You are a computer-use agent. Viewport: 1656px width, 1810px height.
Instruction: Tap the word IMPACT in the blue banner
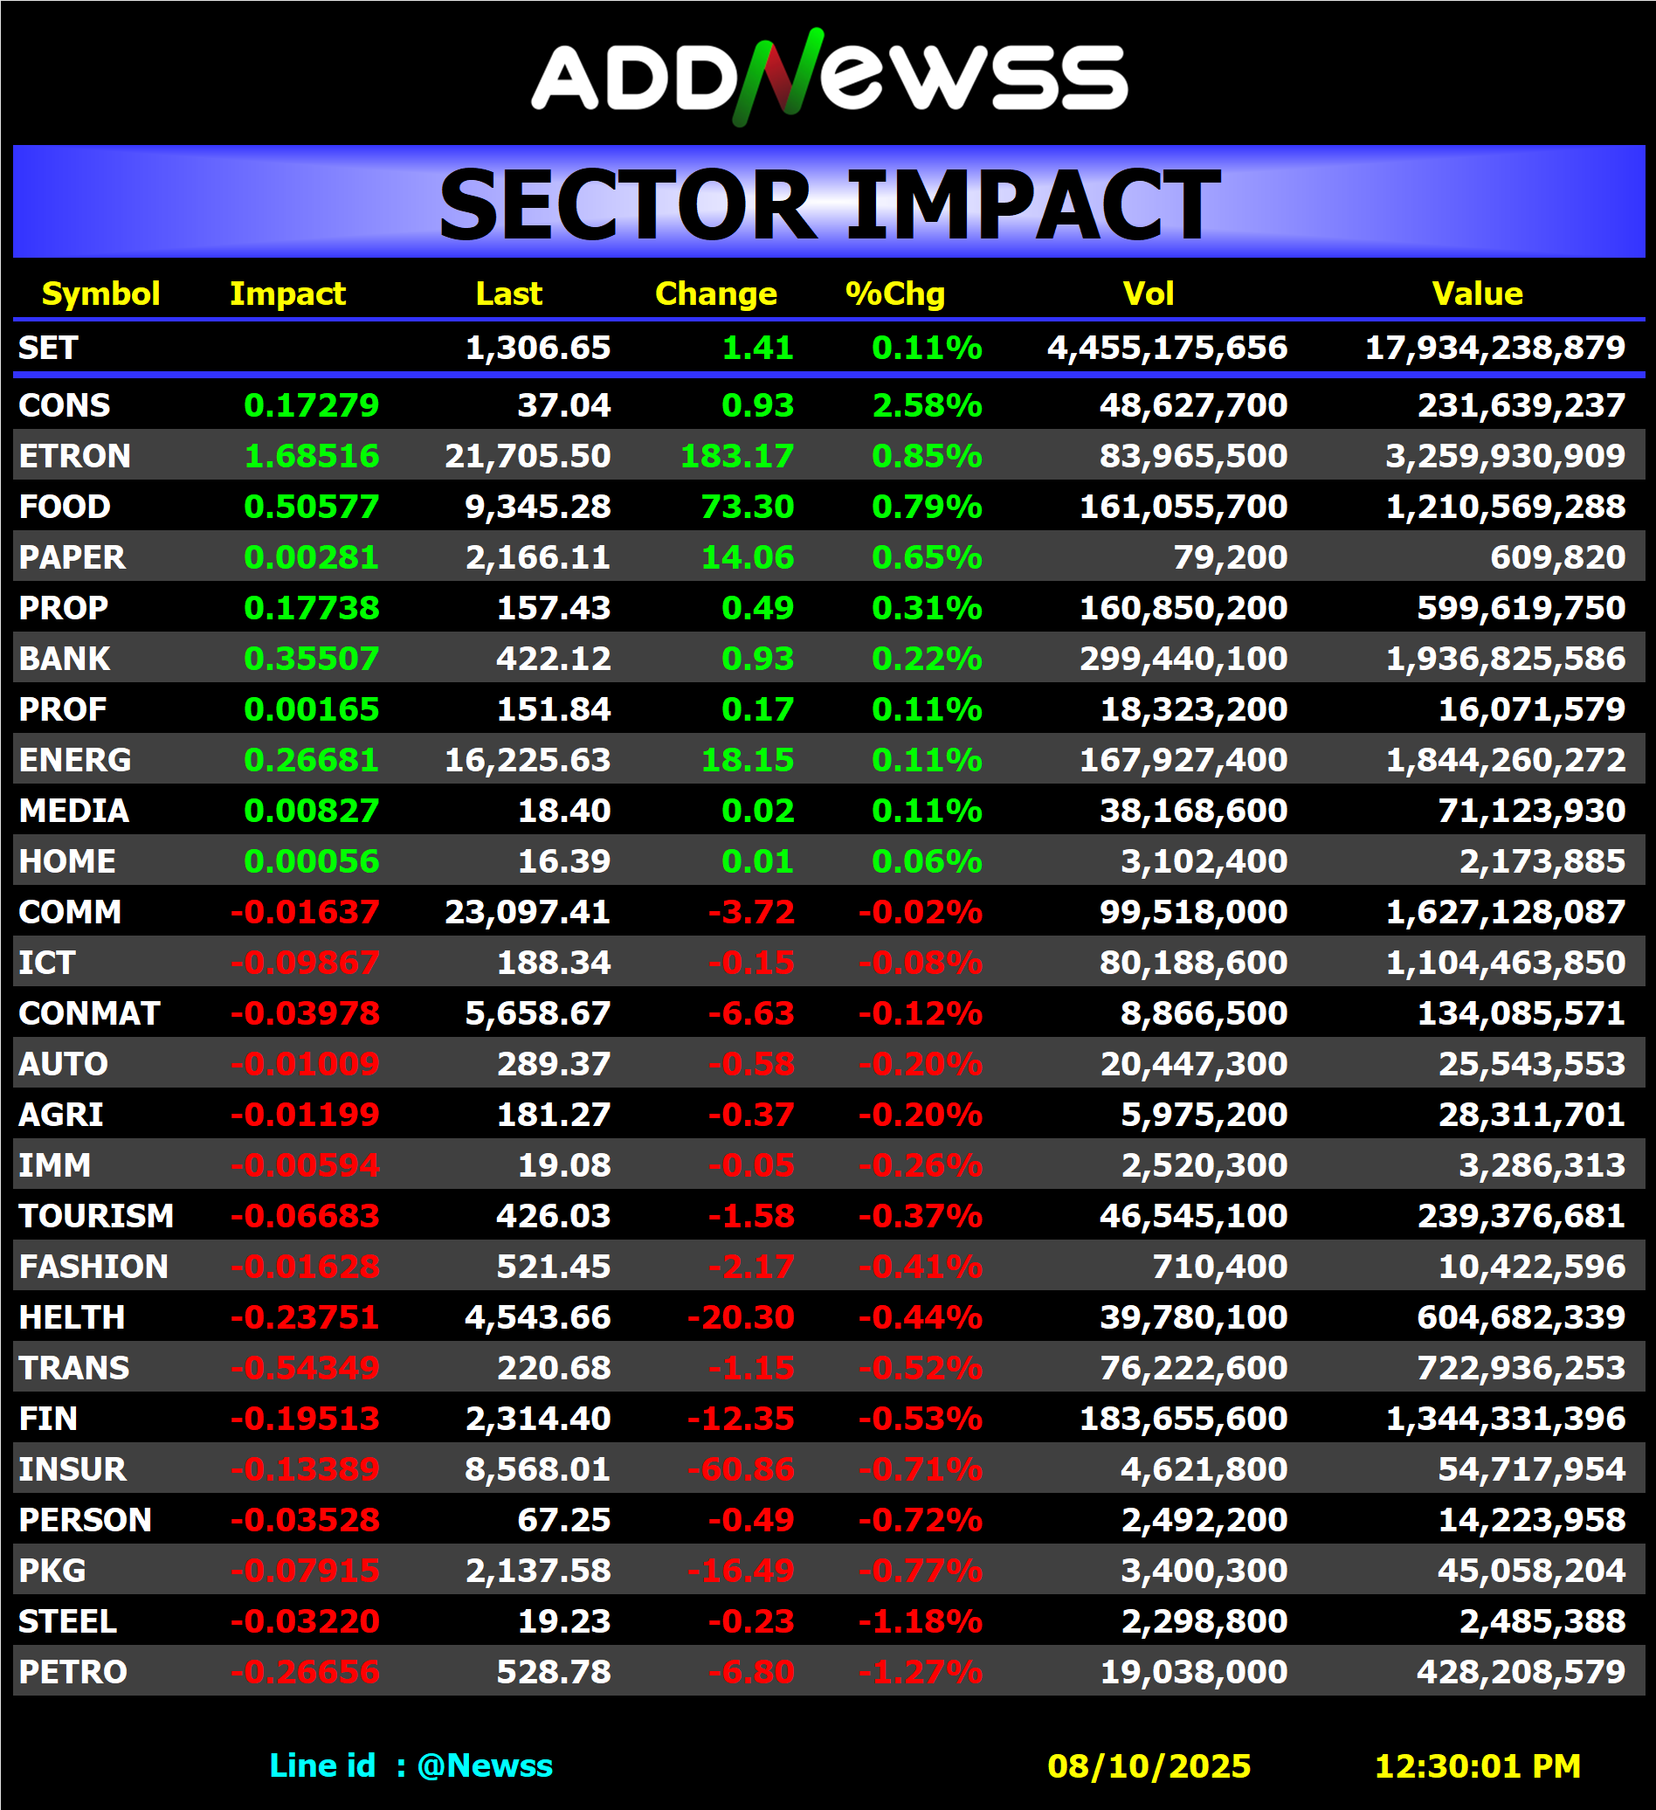(x=1032, y=205)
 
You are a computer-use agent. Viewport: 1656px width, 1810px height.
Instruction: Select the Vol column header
(x=1148, y=294)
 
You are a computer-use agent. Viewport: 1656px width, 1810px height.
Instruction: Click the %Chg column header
(x=895, y=294)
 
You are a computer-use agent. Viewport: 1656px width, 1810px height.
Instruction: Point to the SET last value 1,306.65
(x=538, y=348)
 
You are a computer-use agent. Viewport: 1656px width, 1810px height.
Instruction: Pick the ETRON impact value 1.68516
(x=312, y=456)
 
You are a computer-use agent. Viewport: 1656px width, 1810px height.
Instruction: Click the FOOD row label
(x=65, y=507)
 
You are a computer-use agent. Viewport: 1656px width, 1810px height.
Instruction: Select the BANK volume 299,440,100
(x=1183, y=659)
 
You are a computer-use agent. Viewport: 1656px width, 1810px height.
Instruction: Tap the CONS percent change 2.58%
(x=928, y=406)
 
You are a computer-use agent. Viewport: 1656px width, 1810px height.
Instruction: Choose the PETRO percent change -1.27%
(x=920, y=1673)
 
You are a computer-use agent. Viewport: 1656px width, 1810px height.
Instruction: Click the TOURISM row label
(x=96, y=1217)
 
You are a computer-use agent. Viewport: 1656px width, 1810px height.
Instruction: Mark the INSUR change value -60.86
(x=741, y=1469)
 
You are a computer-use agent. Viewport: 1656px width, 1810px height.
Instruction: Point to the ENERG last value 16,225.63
(x=528, y=761)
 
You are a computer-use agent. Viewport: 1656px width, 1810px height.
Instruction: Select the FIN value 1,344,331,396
(x=1505, y=1420)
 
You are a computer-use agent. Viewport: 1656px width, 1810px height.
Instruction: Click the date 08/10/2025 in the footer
(x=1149, y=1766)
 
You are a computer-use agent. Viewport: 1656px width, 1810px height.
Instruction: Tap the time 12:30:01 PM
(x=1477, y=1766)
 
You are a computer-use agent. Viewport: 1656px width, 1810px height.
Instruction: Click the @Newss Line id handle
(x=485, y=1766)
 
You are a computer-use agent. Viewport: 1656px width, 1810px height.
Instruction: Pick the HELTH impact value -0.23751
(x=305, y=1318)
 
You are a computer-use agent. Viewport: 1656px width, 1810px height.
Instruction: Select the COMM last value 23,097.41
(x=528, y=912)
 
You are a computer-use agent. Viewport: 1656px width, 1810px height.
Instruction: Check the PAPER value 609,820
(x=1557, y=557)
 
